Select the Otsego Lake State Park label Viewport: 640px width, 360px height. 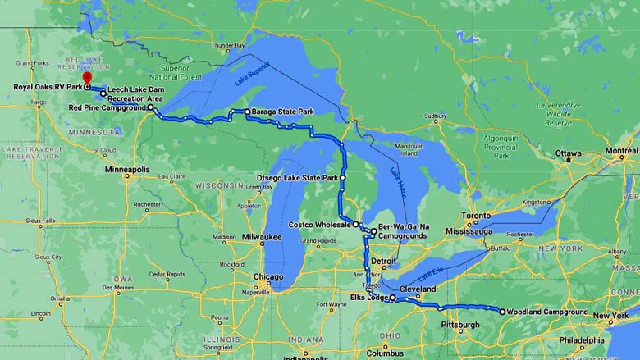pos(299,177)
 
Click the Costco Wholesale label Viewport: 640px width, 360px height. pos(321,224)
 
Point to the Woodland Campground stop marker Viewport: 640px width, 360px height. pos(502,312)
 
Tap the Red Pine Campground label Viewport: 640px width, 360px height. pos(107,107)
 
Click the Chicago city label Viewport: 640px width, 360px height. pos(268,277)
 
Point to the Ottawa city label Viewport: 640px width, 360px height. pos(568,153)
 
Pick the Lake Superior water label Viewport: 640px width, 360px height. pos(251,79)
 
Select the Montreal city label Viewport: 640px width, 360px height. pos(621,150)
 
